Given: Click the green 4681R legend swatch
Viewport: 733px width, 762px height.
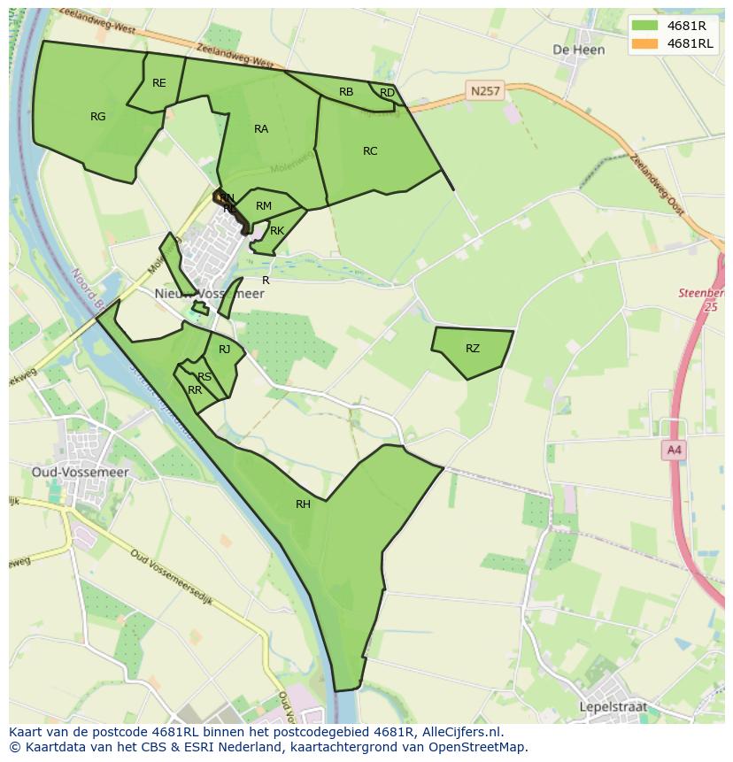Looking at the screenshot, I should [645, 26].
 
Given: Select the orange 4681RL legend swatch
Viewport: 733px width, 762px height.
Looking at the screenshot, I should [645, 43].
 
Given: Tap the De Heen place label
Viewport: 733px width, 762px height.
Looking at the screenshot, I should [579, 50].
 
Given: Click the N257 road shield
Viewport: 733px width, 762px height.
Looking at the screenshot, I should [484, 90].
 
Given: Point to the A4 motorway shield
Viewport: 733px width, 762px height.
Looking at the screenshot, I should [675, 450].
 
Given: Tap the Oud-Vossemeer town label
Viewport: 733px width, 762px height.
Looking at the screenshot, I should [81, 473].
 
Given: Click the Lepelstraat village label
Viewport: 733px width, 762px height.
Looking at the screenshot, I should [613, 707].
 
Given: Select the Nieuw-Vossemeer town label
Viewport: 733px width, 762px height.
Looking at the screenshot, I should [210, 294].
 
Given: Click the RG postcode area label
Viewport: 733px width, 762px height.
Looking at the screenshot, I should [97, 116].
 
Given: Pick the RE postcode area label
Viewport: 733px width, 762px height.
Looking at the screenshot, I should [159, 83].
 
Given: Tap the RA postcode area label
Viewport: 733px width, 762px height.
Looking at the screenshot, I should [261, 129].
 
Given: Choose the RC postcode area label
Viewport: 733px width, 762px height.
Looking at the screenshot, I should [370, 151].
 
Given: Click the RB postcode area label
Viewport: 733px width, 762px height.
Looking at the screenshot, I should [346, 92].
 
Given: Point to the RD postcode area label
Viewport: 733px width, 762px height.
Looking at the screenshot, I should [387, 93].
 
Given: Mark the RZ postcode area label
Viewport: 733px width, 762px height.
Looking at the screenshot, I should [473, 349].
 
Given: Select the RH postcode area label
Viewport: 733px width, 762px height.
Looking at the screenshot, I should [304, 504].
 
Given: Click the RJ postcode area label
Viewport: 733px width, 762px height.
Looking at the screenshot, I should [225, 350].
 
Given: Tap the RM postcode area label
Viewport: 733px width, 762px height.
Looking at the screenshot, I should [264, 206].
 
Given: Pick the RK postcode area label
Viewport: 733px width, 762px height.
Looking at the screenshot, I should [277, 231].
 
